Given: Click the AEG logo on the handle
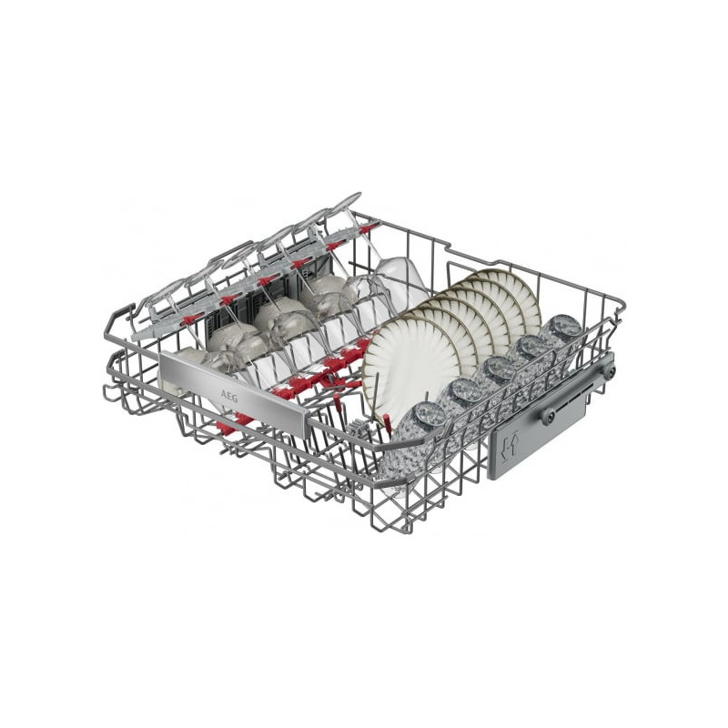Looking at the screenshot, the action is pos(228,397).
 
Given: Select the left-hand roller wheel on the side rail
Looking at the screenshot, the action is pos(549,416).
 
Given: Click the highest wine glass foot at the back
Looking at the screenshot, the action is pos(349,201).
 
